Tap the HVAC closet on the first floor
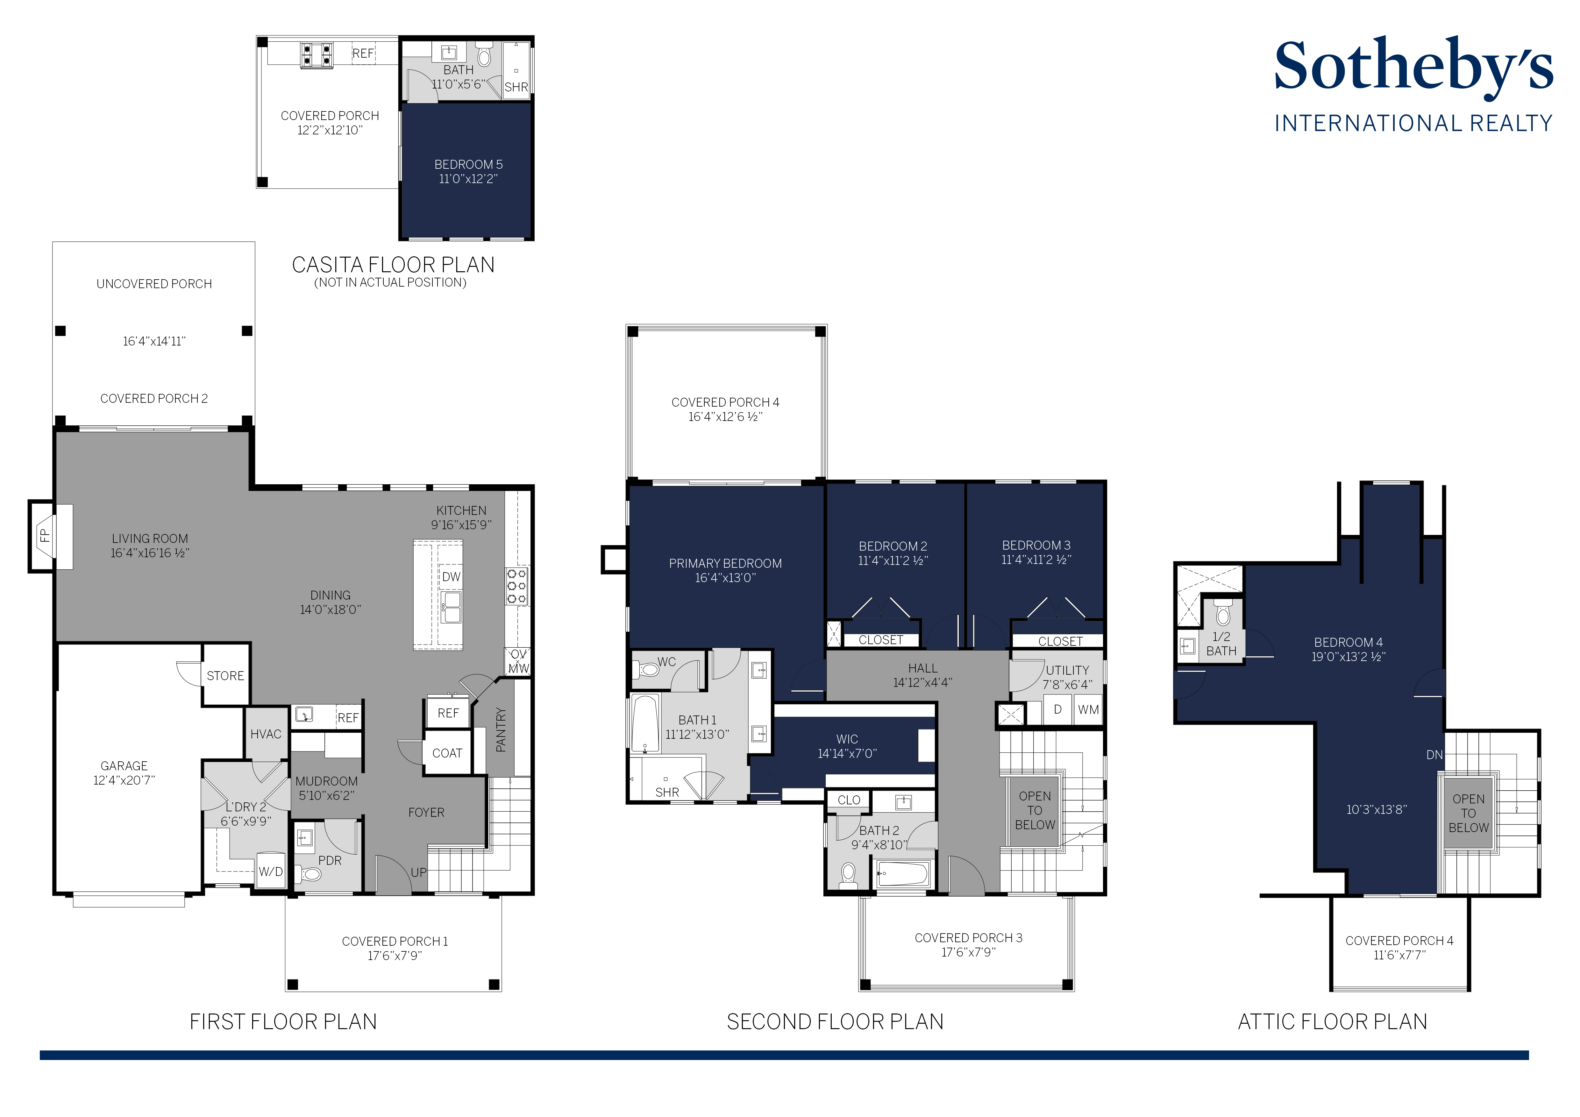pyautogui.click(x=266, y=734)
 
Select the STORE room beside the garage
pyautogui.click(x=225, y=676)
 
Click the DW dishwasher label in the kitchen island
pyautogui.click(x=452, y=577)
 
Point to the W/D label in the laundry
pyautogui.click(x=270, y=872)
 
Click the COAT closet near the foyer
pyautogui.click(x=447, y=754)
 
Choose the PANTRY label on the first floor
pyautogui.click(x=501, y=729)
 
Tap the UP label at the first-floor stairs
pyautogui.click(x=418, y=873)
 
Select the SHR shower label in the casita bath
pyautogui.click(x=516, y=88)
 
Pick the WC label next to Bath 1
pyautogui.click(x=666, y=662)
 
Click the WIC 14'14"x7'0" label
pyautogui.click(x=847, y=746)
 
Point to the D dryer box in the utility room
pyautogui.click(x=1058, y=709)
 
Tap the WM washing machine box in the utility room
pyautogui.click(x=1088, y=709)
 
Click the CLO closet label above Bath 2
pyautogui.click(x=849, y=800)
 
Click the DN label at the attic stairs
pyautogui.click(x=1434, y=755)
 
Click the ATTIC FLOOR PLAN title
pyautogui.click(x=1332, y=1022)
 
